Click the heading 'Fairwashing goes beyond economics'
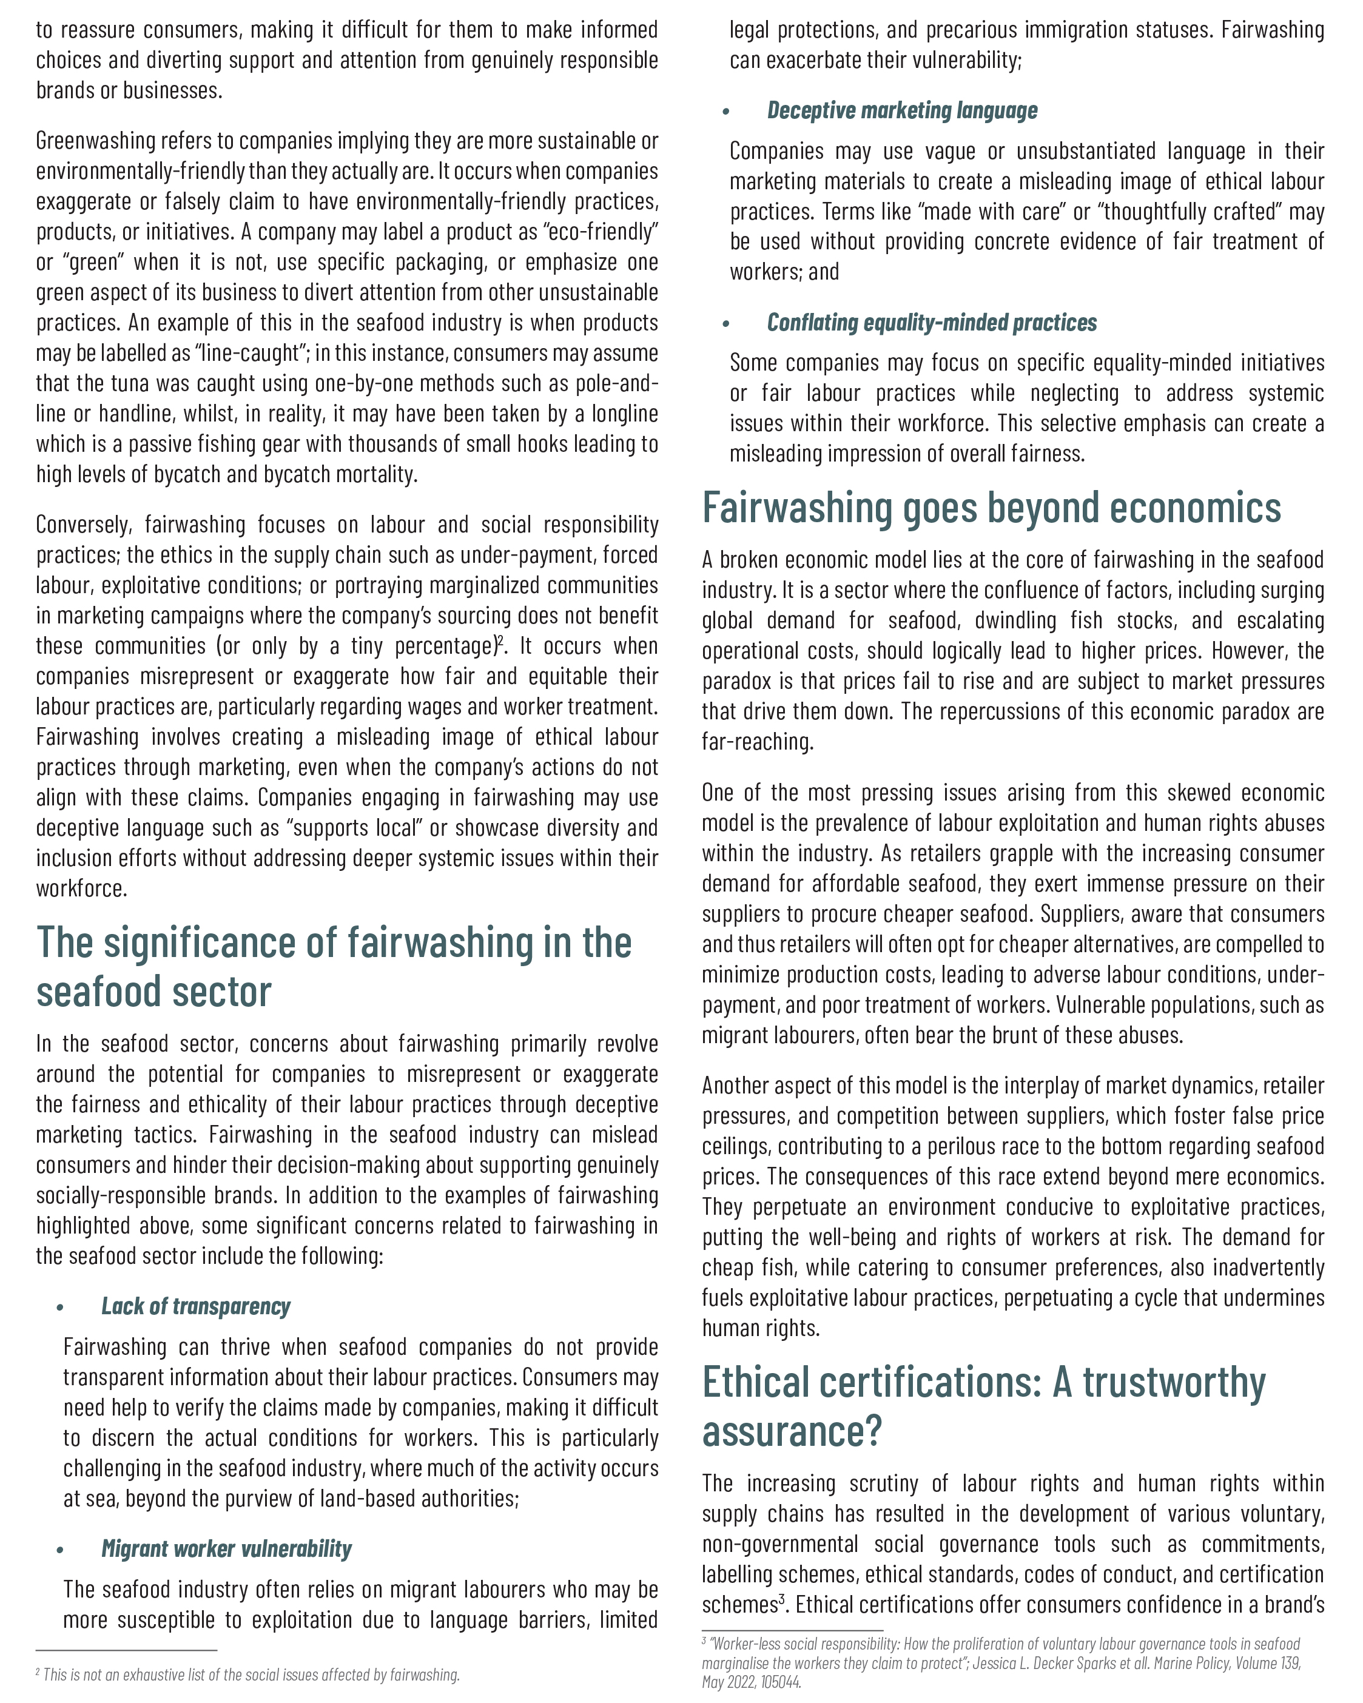click(x=991, y=508)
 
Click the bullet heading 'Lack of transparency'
click(x=195, y=1306)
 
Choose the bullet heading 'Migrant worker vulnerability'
click(x=226, y=1549)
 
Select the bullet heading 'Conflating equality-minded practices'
click(x=932, y=323)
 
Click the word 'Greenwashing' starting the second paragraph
click(x=96, y=141)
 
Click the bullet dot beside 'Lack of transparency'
click(x=60, y=1308)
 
